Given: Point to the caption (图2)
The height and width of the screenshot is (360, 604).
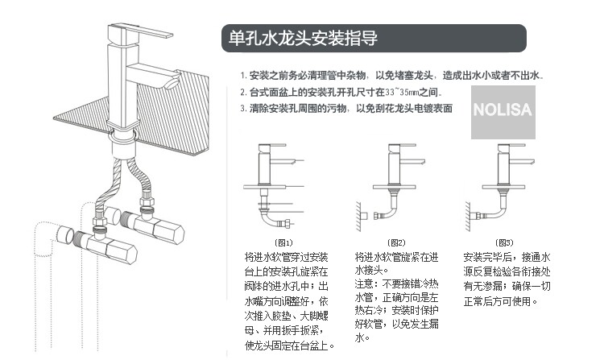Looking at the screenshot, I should click(395, 242).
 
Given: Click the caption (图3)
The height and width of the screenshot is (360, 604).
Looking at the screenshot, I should click(504, 242).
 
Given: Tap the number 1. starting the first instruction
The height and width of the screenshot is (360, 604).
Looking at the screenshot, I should click(242, 76).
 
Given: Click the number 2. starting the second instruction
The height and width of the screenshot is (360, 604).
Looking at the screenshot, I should click(242, 92).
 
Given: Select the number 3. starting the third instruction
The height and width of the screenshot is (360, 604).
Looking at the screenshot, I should click(242, 108).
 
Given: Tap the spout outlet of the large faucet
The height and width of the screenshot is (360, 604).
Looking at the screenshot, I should click(172, 83).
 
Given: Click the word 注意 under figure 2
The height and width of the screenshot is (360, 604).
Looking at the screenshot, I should click(363, 284).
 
